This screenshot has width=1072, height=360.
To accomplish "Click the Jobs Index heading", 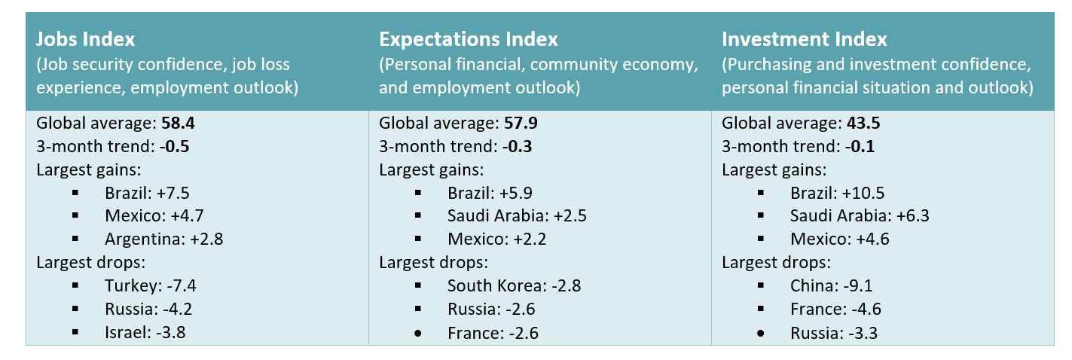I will tap(86, 39).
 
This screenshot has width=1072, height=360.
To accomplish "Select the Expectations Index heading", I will tap(469, 39).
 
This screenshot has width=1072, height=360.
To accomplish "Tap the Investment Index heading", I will tap(805, 39).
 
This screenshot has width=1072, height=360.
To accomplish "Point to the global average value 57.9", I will tap(523, 124).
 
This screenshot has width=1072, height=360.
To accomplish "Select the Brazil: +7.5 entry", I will tap(148, 193).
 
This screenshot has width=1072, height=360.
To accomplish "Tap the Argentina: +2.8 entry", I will tap(164, 239).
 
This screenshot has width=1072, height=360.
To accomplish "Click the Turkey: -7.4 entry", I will tap(151, 285).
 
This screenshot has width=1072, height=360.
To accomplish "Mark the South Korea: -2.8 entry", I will tap(514, 285).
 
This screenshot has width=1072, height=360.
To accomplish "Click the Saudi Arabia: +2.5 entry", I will tap(517, 216).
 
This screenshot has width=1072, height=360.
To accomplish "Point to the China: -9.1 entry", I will tap(832, 285).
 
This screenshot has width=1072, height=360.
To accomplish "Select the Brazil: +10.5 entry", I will tap(837, 193).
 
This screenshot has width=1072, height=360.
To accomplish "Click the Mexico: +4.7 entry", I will tap(153, 216).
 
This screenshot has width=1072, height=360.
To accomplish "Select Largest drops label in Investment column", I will tap(776, 263).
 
